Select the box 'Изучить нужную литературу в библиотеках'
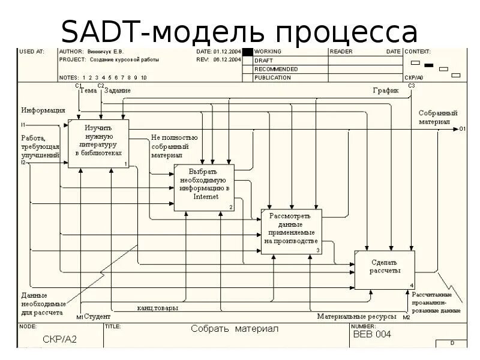pyautogui.click(x=98, y=143)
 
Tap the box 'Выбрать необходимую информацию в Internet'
pyautogui.click(x=204, y=187)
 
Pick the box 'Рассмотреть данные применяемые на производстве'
pyautogui.click(x=291, y=232)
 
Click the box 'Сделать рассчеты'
pyautogui.click(x=385, y=270)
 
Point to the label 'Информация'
pyautogui.click(x=43, y=110)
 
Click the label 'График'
pyautogui.click(x=386, y=91)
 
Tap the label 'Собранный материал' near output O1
pyautogui.click(x=438, y=117)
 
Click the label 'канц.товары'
pyautogui.click(x=157, y=308)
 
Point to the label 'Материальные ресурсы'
pyautogui.click(x=356, y=316)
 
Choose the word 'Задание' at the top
pyautogui.click(x=118, y=91)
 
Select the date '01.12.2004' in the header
pyautogui.click(x=227, y=52)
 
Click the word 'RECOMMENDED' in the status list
pyautogui.click(x=276, y=69)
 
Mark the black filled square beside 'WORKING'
pyautogui.click(x=247, y=52)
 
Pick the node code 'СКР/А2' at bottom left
pyautogui.click(x=60, y=339)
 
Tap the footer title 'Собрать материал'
pyautogui.click(x=235, y=329)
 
